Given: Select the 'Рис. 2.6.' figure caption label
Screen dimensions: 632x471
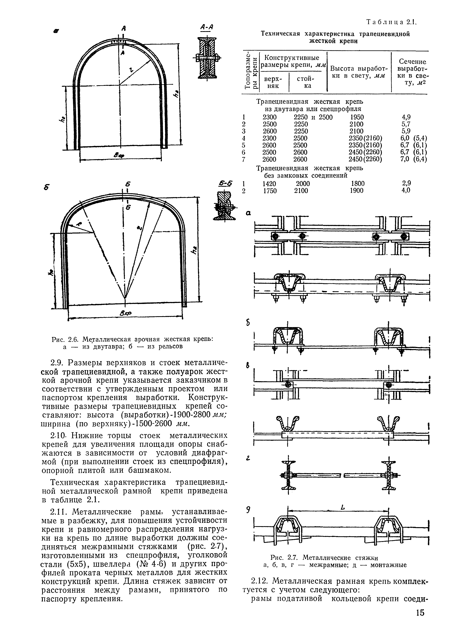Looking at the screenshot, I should click(66, 339).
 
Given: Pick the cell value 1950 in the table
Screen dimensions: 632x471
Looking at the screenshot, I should click(357, 117).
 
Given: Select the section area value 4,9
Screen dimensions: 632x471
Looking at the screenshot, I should click(406, 117).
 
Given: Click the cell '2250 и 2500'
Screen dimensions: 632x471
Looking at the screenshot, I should click(313, 117).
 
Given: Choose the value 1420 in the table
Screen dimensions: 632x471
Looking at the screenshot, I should click(269, 184).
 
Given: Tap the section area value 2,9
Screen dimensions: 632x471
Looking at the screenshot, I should click(406, 183).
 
